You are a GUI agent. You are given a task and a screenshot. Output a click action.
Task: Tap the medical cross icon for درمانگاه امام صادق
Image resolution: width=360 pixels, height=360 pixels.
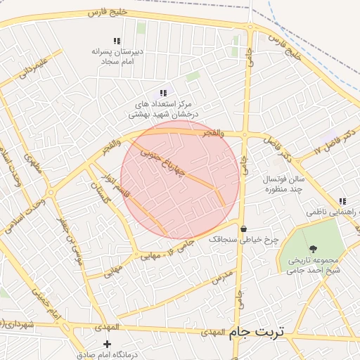pos(107,344)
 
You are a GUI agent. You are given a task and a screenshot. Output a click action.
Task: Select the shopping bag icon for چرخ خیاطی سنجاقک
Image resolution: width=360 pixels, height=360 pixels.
pos(243,229)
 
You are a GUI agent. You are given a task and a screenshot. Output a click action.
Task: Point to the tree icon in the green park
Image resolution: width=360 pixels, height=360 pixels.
pos(312,249)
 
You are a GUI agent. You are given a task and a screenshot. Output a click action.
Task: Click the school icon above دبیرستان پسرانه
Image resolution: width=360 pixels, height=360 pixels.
pos(117,41)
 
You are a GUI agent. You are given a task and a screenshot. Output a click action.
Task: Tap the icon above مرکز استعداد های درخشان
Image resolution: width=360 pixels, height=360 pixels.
pos(163,93)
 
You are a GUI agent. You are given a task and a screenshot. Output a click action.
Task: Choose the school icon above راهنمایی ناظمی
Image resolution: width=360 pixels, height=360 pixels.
pos(342,201)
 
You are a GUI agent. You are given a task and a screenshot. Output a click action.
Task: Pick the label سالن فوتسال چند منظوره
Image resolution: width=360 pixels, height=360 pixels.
pos(281,184)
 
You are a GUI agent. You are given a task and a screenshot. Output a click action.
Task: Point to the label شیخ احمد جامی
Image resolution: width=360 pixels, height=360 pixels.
pos(314,269)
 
